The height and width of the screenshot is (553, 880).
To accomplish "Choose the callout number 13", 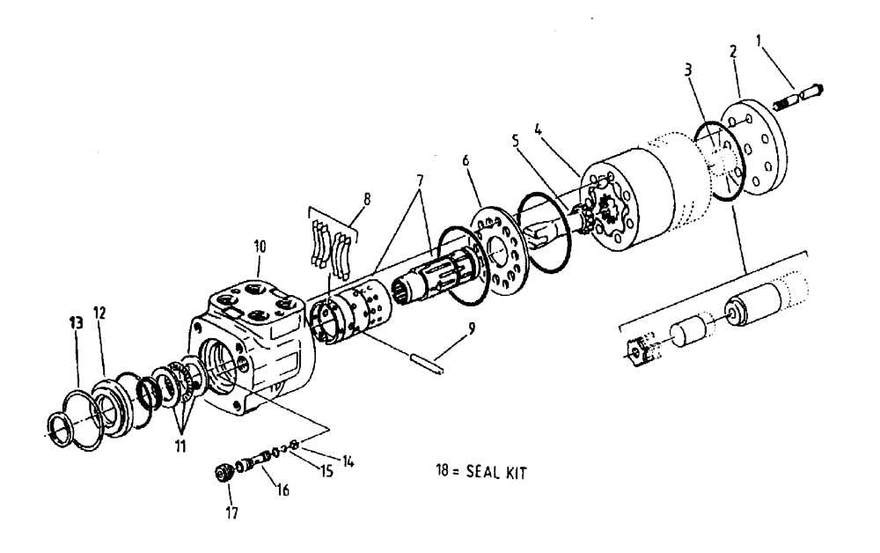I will (x=76, y=321).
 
